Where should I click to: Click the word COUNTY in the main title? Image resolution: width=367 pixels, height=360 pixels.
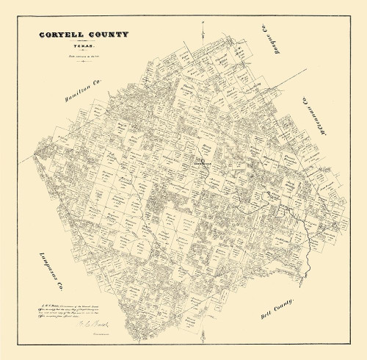[x=108, y=35]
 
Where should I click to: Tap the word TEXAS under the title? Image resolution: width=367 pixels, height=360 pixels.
[x=85, y=43]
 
